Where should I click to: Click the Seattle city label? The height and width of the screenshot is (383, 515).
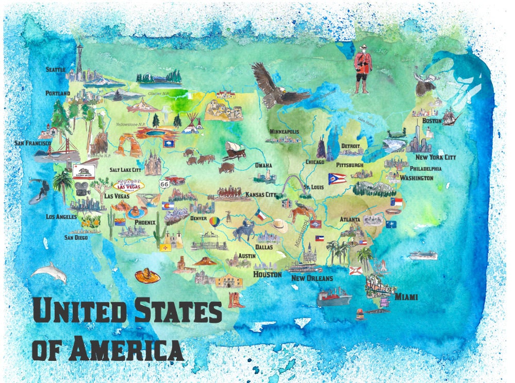(55, 69)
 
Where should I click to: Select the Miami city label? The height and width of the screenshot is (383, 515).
(406, 297)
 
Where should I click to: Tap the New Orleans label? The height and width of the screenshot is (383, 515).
(312, 278)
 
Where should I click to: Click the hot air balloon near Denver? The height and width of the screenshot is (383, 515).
(213, 222)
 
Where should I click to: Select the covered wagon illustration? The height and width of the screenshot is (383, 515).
(234, 150)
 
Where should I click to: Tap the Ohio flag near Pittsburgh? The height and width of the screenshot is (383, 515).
(337, 179)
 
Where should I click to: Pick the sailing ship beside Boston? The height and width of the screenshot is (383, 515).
(450, 116)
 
